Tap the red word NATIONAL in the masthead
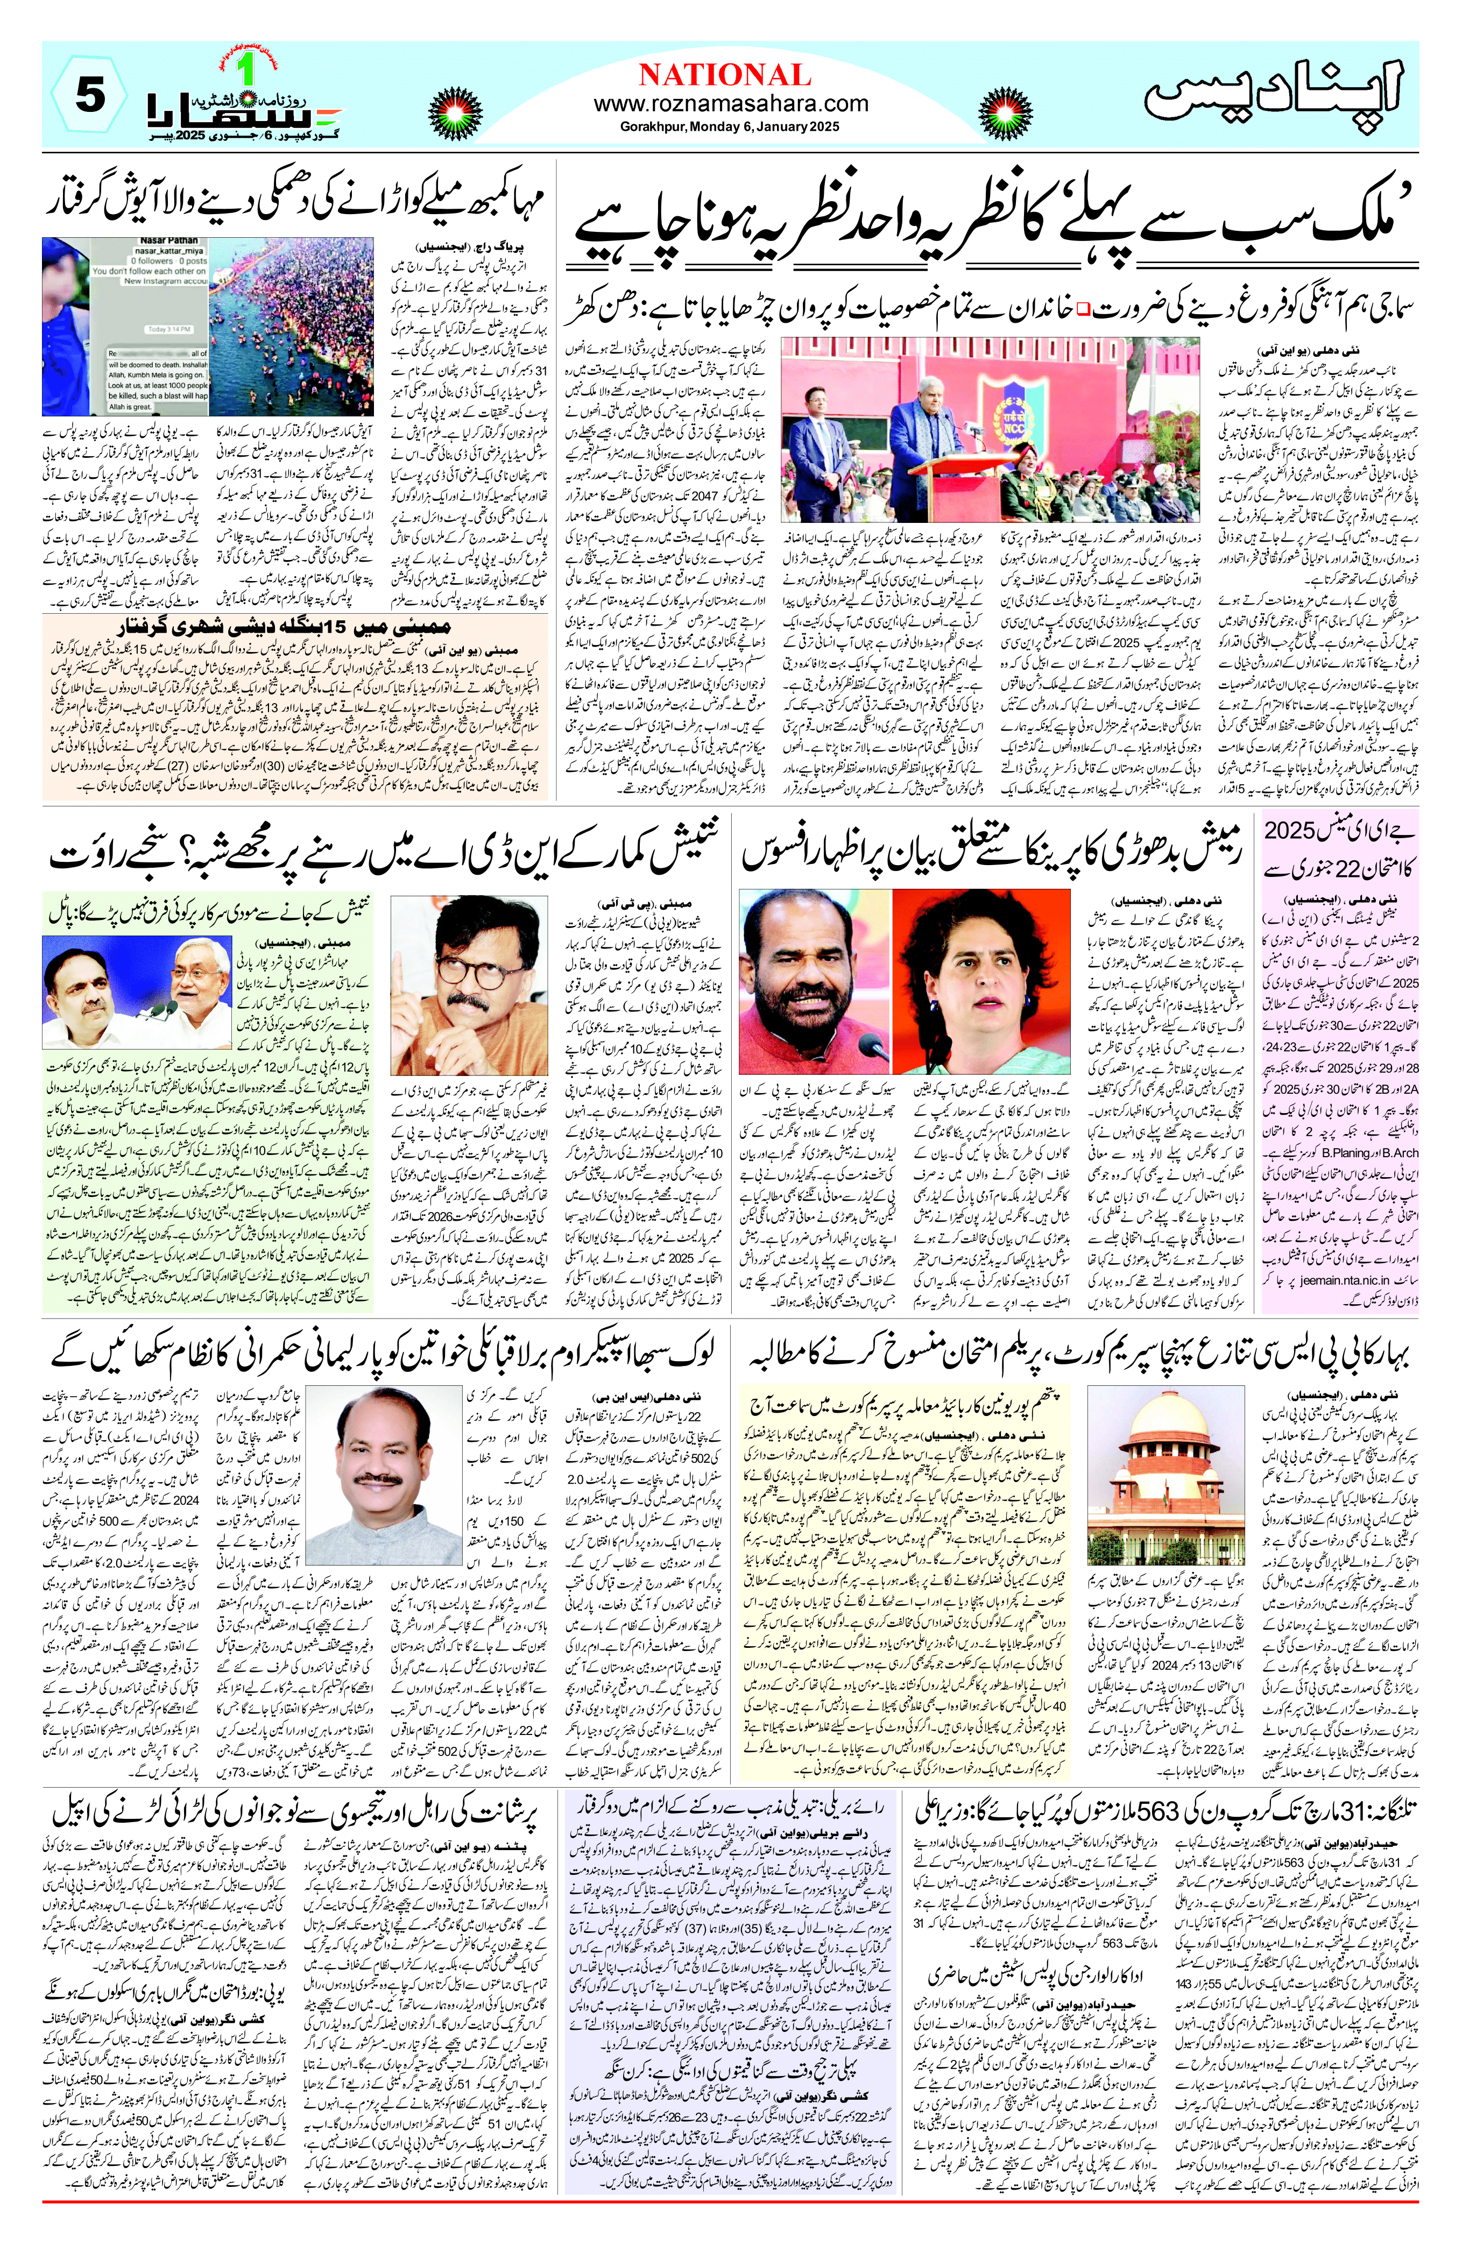tap(724, 75)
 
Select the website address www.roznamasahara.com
tap(731, 104)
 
